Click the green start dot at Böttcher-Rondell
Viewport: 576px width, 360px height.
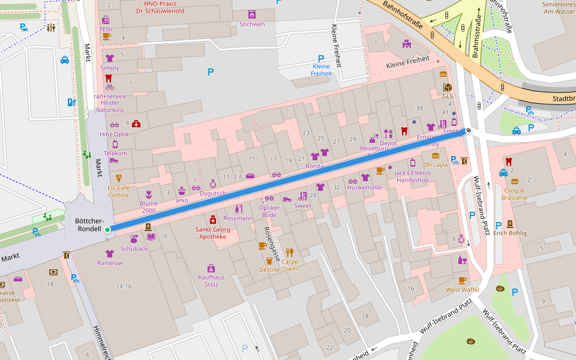pyautogui.click(x=107, y=230)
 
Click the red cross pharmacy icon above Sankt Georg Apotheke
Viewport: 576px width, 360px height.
pyautogui.click(x=212, y=220)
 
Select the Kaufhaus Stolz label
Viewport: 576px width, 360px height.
pyautogui.click(x=211, y=281)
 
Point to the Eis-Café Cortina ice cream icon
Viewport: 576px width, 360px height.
pyautogui.click(x=119, y=178)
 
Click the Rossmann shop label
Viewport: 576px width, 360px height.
pyautogui.click(x=238, y=218)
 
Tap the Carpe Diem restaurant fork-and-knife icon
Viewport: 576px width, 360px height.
pyautogui.click(x=289, y=252)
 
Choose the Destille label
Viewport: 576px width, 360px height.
pyautogui.click(x=269, y=269)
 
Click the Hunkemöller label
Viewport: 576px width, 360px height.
pyautogui.click(x=365, y=188)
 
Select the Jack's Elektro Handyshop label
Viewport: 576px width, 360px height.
pyautogui.click(x=412, y=176)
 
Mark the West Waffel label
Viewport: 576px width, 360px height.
pyautogui.click(x=462, y=290)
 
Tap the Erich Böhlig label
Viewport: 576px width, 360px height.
pyautogui.click(x=509, y=233)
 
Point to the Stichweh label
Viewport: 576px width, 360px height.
pyautogui.click(x=252, y=24)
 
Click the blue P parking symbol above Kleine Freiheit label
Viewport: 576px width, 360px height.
pyautogui.click(x=321, y=59)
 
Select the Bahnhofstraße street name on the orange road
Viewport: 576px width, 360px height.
pyautogui.click(x=402, y=15)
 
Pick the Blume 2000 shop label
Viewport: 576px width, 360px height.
pyautogui.click(x=149, y=207)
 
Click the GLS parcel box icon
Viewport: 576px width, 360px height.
pyautogui.click(x=448, y=88)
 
